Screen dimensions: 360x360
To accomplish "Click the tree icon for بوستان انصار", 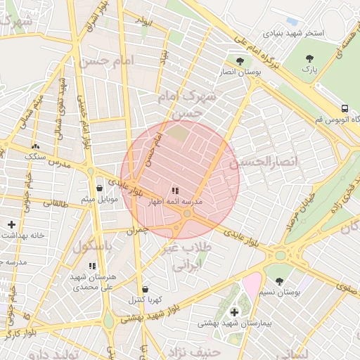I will pos(241,61).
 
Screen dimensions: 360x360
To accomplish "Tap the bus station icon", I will pos(345,108).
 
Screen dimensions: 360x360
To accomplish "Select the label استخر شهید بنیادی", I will pos(294,33).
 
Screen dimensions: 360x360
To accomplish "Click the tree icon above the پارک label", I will pos(309,58).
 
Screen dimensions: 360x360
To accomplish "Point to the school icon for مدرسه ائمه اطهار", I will pos(175,191).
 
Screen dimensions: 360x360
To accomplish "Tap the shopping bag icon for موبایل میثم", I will pos(98,188).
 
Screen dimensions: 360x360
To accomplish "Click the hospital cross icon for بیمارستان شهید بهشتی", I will pos(233,311).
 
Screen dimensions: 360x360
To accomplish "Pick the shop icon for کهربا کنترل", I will pos(145,289).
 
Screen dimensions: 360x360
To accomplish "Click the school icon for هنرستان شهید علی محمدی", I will pos(92,266).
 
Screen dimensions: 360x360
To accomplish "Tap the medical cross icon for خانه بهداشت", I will pos(11,224).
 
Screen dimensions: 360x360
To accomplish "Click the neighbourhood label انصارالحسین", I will pos(264,162).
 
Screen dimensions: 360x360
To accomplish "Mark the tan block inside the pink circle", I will pos(178,131).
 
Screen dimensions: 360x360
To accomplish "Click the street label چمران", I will pos(138,230).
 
